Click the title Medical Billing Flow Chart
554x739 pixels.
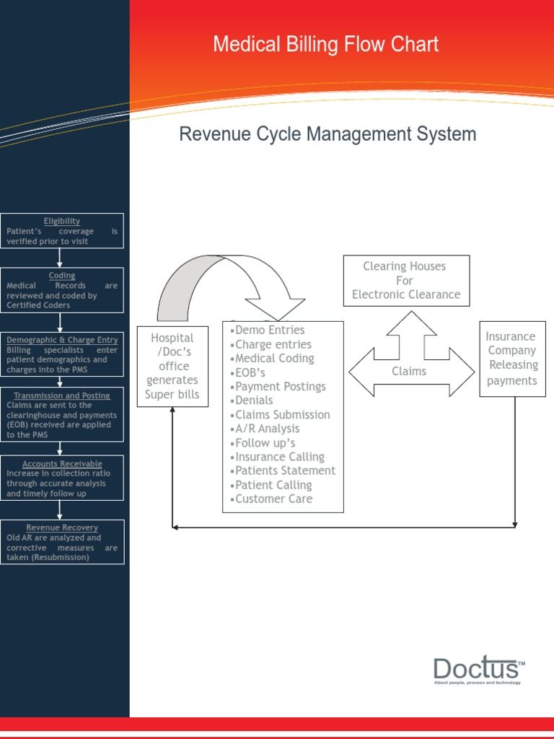click(x=325, y=45)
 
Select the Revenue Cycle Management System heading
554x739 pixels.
click(x=327, y=134)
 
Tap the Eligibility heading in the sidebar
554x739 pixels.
click(x=62, y=221)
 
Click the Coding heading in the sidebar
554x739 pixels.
click(x=62, y=276)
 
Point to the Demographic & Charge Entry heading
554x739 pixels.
click(x=62, y=340)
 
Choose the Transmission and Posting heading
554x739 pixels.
click(x=62, y=395)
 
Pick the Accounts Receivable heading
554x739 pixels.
click(x=62, y=463)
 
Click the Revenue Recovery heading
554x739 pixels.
click(x=62, y=528)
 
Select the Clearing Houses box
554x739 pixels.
click(x=406, y=280)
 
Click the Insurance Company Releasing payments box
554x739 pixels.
click(x=512, y=359)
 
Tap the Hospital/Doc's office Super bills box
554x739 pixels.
click(x=172, y=366)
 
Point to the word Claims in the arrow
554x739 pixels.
click(x=409, y=372)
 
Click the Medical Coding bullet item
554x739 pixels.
click(x=274, y=359)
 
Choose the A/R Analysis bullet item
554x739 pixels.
click(x=267, y=429)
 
